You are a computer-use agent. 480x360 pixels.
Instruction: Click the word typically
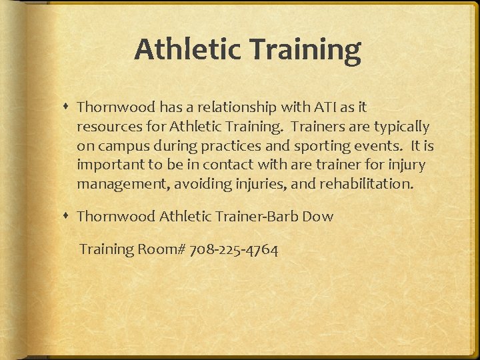(x=402, y=126)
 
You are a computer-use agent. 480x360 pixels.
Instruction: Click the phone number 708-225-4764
(x=234, y=249)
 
